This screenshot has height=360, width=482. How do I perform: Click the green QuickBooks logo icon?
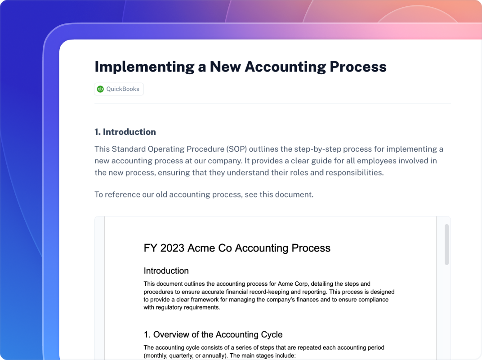point(100,89)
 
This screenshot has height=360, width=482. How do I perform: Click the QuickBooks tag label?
point(123,89)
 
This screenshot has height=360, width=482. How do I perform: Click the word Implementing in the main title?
point(144,67)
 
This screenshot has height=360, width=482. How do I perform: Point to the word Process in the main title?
point(358,67)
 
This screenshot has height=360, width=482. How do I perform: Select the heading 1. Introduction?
point(125,132)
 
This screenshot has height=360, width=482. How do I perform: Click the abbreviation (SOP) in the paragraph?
point(237,149)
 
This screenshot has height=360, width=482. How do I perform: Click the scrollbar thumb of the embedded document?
point(446,244)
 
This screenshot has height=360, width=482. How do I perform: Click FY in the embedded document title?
point(151,248)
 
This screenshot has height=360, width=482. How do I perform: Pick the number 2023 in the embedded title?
point(172,248)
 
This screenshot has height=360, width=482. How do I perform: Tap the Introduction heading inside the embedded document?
point(166,271)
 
